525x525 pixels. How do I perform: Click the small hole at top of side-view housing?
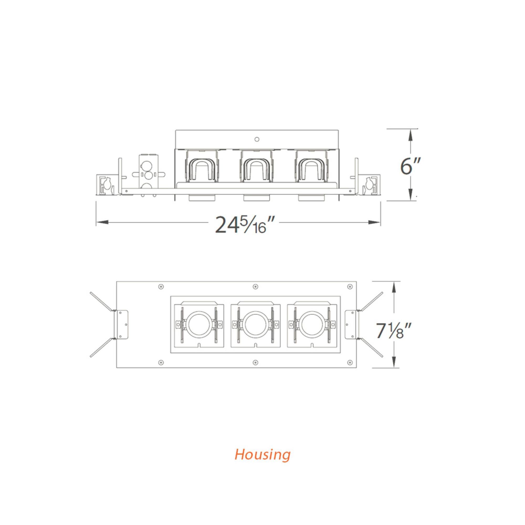[x=256, y=139]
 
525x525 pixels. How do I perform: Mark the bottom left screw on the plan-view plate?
[x=161, y=362]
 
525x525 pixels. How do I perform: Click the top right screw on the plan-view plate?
[x=350, y=286]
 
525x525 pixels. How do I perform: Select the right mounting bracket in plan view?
[x=352, y=324]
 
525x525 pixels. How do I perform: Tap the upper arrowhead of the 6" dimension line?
[x=411, y=135]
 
